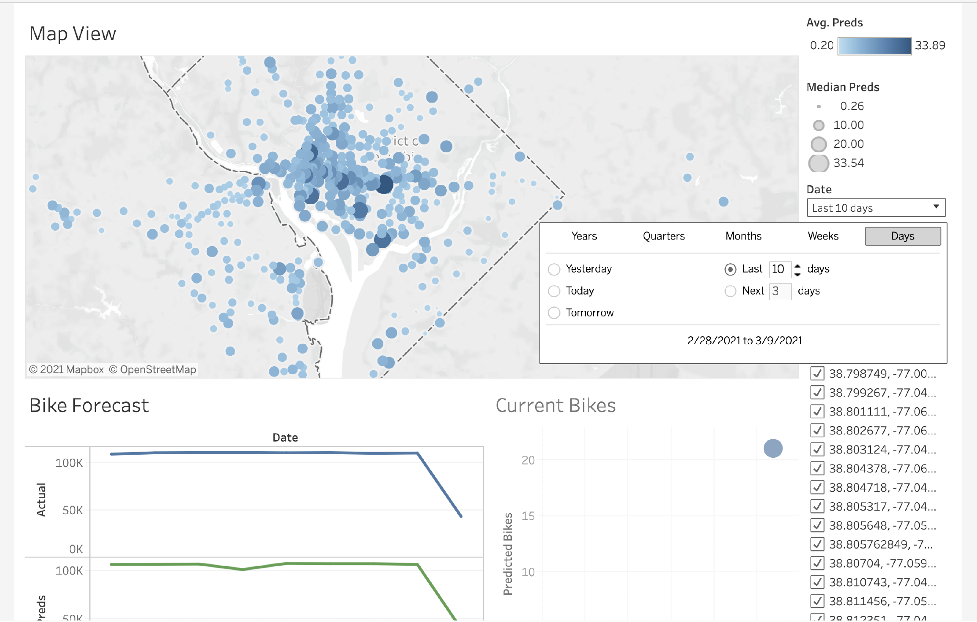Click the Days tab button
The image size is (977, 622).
pos(902,236)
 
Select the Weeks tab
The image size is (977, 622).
pos(823,236)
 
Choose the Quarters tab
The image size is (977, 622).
pos(664,236)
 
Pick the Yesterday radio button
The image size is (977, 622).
pos(554,269)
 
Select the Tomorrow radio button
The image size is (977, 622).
pos(554,313)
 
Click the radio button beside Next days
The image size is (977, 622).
pos(730,291)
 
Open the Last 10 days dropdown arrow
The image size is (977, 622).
pos(936,207)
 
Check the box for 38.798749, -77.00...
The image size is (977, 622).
pos(817,373)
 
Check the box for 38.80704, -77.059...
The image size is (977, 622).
pos(817,563)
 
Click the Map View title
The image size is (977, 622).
pos(73,34)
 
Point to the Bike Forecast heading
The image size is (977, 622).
pos(89,405)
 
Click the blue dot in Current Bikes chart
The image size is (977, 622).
pos(773,449)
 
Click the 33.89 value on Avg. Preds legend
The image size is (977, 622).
pos(930,45)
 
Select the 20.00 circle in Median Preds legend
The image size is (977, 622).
pos(819,144)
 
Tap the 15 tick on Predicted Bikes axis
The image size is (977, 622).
pos(528,516)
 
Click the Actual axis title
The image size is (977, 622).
pos(41,500)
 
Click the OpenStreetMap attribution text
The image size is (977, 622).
pos(158,370)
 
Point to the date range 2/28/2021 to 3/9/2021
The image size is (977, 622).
pos(745,341)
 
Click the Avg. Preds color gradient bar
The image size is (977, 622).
pos(874,46)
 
